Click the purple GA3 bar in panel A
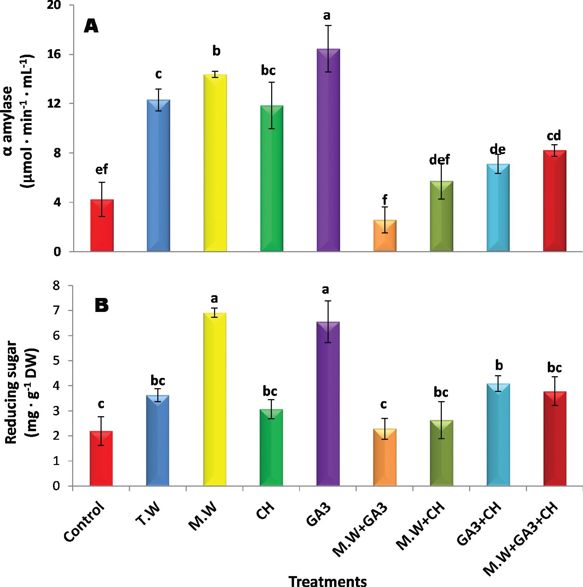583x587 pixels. [328, 150]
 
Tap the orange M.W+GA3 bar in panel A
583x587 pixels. [385, 236]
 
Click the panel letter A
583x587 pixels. [91, 27]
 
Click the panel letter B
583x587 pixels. [101, 306]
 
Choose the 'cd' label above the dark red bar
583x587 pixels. [554, 136]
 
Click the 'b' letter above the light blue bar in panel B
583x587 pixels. [499, 366]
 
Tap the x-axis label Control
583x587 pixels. [84, 526]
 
